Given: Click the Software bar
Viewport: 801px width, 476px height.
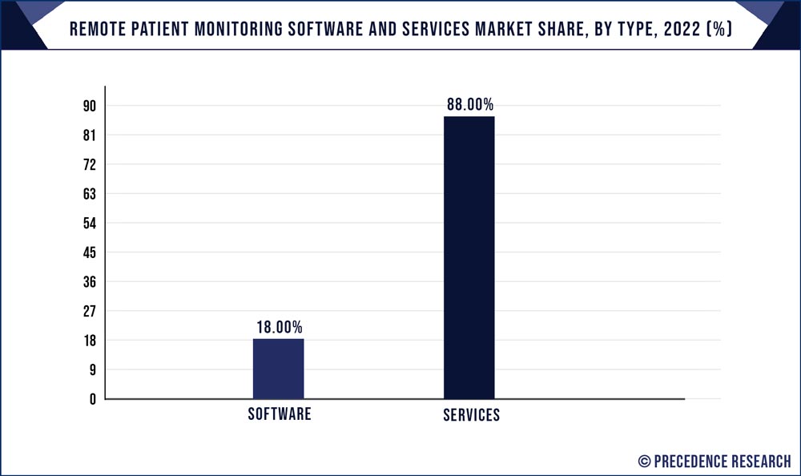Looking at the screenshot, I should [278, 369].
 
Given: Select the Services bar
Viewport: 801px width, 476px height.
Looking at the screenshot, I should [469, 256].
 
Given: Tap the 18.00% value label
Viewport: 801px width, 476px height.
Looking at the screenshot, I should [279, 327].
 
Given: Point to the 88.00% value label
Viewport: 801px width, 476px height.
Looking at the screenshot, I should [469, 104].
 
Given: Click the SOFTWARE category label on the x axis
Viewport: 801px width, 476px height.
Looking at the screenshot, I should [279, 415].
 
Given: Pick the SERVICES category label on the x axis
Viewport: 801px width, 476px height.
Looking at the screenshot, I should [471, 416].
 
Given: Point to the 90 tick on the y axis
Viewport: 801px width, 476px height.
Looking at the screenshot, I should [89, 107].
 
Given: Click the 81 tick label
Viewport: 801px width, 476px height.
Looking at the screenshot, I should [89, 136].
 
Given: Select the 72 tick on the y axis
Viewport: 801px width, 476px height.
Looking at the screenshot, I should [89, 165].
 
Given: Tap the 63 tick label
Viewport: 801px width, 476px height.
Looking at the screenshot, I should [89, 194].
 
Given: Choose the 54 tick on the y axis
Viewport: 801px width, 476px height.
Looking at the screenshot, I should [89, 224].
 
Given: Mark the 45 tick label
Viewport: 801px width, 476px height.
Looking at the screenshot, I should [89, 253].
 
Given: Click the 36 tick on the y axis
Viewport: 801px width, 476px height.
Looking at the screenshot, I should [89, 282].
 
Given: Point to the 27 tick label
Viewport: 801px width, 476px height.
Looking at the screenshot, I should [89, 312].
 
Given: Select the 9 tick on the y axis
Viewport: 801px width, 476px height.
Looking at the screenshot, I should [92, 370].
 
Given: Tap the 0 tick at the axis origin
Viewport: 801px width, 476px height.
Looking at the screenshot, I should [92, 399].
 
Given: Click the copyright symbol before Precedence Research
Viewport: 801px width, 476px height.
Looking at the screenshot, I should [644, 460].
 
